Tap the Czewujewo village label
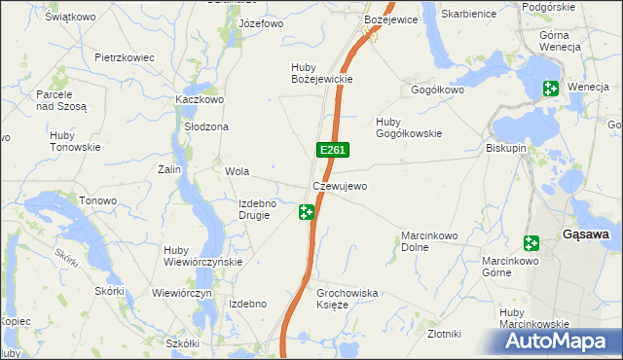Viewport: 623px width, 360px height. [x=340, y=186]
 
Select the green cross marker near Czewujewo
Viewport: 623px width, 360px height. [x=307, y=211]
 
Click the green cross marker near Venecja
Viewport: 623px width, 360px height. [x=550, y=90]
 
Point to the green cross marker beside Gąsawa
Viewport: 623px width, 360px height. [x=531, y=242]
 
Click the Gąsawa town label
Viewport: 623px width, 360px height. [x=587, y=234]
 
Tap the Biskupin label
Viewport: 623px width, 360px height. [x=506, y=149]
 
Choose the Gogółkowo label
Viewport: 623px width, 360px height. [x=438, y=90]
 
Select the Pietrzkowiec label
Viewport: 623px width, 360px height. [x=125, y=57]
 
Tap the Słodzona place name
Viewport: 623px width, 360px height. [x=206, y=127]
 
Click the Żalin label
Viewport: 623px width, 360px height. [x=170, y=169]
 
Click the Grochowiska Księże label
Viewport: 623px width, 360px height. [x=348, y=298]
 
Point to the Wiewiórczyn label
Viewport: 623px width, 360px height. [x=182, y=293]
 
